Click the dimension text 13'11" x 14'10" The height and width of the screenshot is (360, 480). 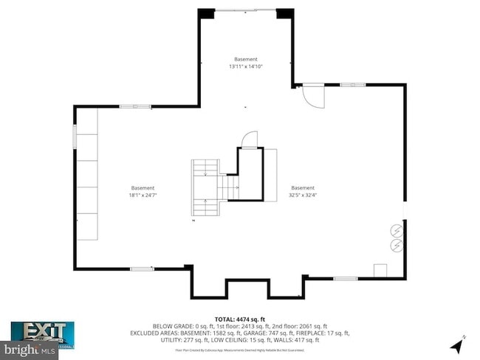click(x=246, y=66)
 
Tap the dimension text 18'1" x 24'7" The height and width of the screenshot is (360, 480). click(x=143, y=195)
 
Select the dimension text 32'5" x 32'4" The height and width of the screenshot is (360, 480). click(x=303, y=195)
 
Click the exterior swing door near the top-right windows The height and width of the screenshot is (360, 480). click(x=313, y=96)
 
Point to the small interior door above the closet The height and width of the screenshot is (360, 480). click(x=251, y=139)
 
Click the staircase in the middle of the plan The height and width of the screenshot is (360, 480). click(x=207, y=189)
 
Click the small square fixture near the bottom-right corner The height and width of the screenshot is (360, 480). click(x=381, y=270)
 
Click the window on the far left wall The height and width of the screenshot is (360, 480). click(x=75, y=136)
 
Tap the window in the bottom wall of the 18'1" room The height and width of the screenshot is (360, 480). click(x=141, y=269)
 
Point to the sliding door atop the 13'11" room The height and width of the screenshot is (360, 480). click(x=246, y=10)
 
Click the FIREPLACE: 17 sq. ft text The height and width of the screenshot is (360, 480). click(x=329, y=333)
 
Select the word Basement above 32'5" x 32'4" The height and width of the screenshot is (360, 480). click(x=303, y=187)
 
